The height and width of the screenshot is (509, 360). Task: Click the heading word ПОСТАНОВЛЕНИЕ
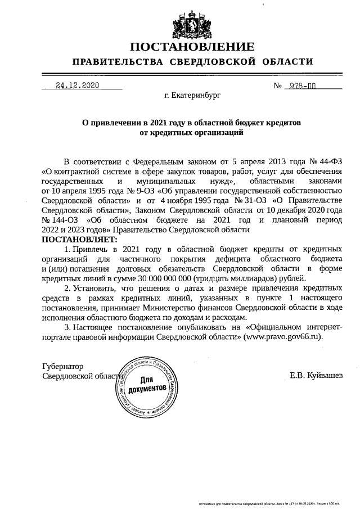(x=192, y=46)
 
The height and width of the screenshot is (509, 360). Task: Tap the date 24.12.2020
(x=77, y=86)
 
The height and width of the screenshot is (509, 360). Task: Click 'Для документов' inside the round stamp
(x=146, y=385)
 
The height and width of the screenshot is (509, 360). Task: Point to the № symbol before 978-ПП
(x=277, y=86)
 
